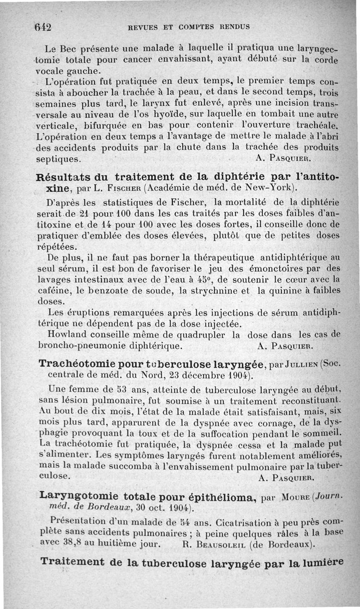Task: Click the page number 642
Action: [43, 27]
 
